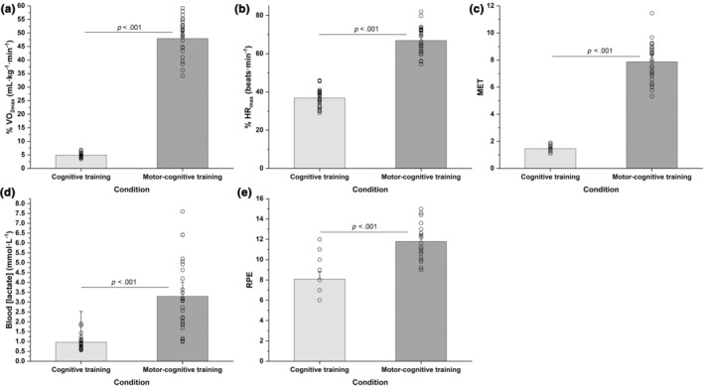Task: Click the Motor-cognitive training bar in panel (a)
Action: coord(183,103)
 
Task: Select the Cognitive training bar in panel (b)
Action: coord(319,133)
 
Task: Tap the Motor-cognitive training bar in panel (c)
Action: coord(651,115)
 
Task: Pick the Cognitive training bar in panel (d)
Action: coord(80,351)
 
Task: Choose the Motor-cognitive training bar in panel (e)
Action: coord(421,302)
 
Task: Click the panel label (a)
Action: coord(9,8)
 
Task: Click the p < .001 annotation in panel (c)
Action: coord(600,52)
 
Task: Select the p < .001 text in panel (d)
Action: coord(123,283)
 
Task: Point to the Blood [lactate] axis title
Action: coord(9,279)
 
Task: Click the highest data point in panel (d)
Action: coord(183,211)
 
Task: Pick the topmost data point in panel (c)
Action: coord(651,13)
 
